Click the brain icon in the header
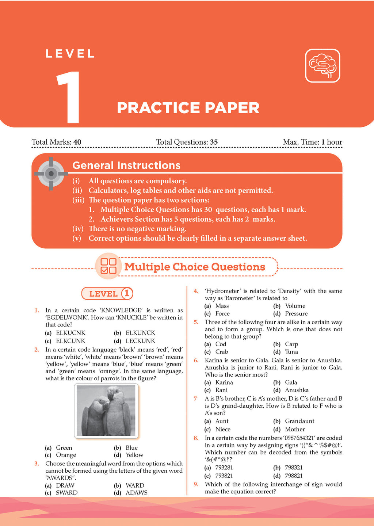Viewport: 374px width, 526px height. tap(323, 66)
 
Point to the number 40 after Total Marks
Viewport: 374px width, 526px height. tap(77, 142)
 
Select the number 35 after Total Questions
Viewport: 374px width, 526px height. tap(214, 142)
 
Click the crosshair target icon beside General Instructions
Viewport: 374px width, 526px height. tap(51, 174)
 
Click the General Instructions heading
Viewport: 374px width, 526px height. tap(126, 165)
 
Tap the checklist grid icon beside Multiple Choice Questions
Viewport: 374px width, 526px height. tap(108, 266)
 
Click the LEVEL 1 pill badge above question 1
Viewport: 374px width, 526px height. tap(107, 294)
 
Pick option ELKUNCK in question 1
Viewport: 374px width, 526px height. tap(140, 333)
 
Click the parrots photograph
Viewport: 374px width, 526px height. tap(106, 411)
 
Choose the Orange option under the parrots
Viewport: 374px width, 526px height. tap(66, 455)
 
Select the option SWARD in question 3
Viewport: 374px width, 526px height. tap(66, 493)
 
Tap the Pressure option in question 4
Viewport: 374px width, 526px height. tap(296, 313)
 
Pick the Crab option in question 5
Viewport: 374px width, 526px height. tap(222, 352)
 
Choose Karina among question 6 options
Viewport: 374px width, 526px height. tap(224, 382)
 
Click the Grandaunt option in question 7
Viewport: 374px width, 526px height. tap(299, 421)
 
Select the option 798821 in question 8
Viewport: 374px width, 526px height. tap(294, 476)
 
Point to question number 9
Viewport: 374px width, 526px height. tap(196, 484)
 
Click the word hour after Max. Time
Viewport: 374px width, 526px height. tap(335, 142)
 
